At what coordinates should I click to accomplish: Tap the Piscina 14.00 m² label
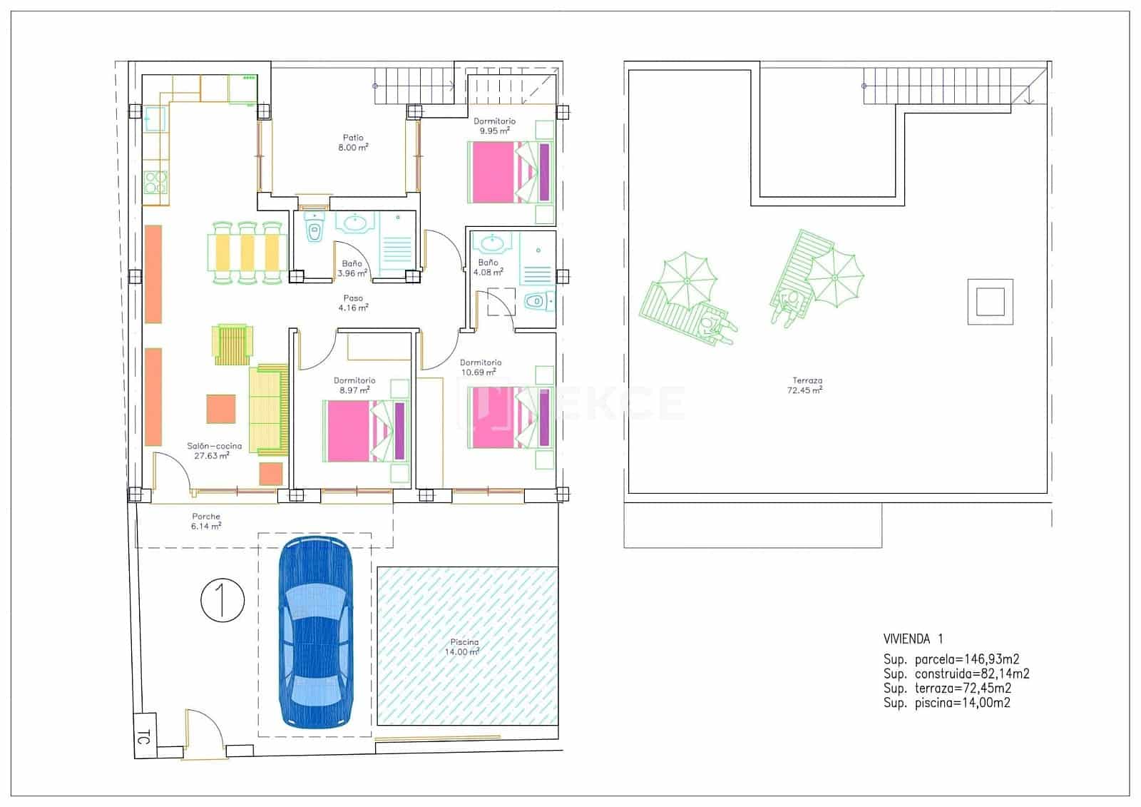click(x=462, y=647)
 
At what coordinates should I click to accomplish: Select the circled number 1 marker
click(x=222, y=600)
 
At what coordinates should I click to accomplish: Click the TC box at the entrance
click(x=145, y=736)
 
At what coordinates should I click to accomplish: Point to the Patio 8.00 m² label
click(x=353, y=143)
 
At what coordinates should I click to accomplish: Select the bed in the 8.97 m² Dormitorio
click(x=365, y=430)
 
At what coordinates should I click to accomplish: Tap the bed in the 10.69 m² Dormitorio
click(x=509, y=417)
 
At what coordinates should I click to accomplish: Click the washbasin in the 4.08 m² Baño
click(x=492, y=244)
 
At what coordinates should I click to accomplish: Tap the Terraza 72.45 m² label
click(x=806, y=386)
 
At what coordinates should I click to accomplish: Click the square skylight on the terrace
click(x=990, y=301)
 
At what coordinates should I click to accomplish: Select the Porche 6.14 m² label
click(x=206, y=521)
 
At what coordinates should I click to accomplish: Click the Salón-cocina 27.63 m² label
click(x=214, y=450)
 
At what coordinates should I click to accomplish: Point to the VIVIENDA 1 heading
click(x=913, y=639)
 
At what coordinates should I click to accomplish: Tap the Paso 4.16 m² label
click(x=353, y=303)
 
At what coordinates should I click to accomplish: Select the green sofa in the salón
click(x=268, y=410)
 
